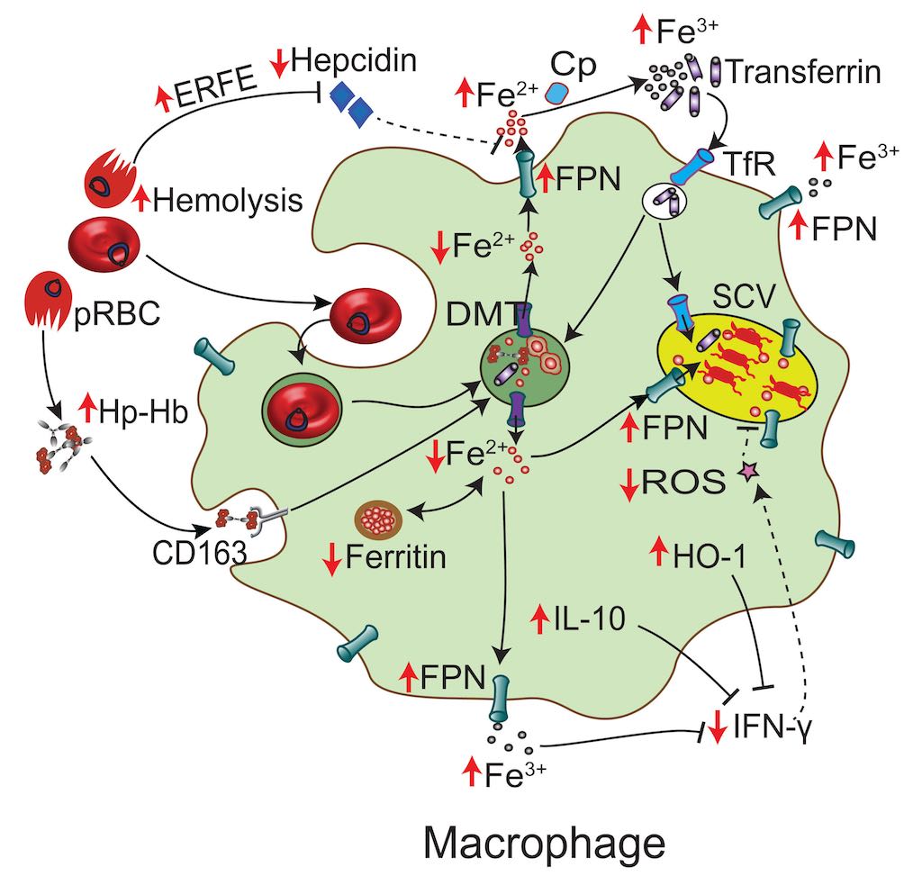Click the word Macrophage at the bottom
tap(545, 844)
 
